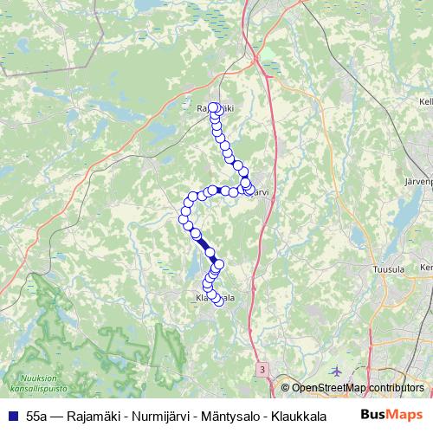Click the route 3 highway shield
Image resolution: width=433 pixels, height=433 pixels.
(262, 369)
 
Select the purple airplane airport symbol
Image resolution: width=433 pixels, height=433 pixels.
(337, 370)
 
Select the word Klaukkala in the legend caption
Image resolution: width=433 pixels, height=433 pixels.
(289, 416)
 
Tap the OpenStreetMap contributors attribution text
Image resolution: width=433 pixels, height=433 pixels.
(358, 388)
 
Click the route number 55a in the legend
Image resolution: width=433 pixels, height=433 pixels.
(36, 416)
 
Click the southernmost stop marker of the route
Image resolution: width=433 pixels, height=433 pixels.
(219, 302)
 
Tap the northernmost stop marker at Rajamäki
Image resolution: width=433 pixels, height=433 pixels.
(213, 107)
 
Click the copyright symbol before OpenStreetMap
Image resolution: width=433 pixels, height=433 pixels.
(286, 388)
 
